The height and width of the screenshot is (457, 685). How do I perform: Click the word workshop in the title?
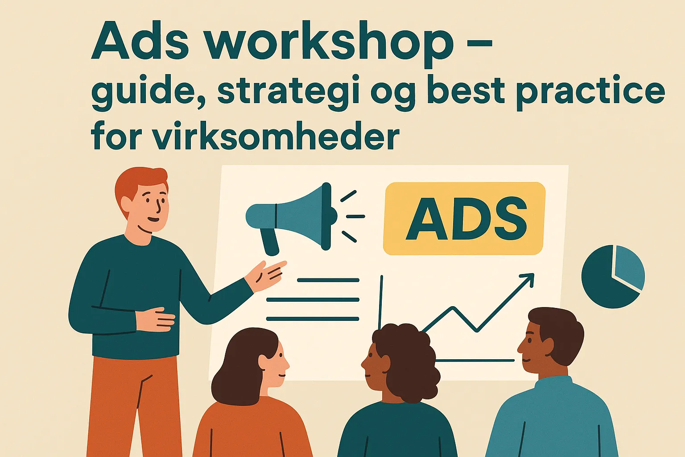click(x=328, y=41)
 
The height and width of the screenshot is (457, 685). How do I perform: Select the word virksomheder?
click(x=276, y=135)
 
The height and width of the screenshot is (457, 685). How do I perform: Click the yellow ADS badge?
click(x=464, y=219)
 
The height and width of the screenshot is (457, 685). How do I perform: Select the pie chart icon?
click(x=613, y=276)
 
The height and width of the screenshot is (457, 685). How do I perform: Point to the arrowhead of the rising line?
click(x=528, y=279)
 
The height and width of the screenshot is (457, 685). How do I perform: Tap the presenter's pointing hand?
click(x=266, y=275)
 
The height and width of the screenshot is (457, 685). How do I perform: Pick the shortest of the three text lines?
click(x=328, y=280)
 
